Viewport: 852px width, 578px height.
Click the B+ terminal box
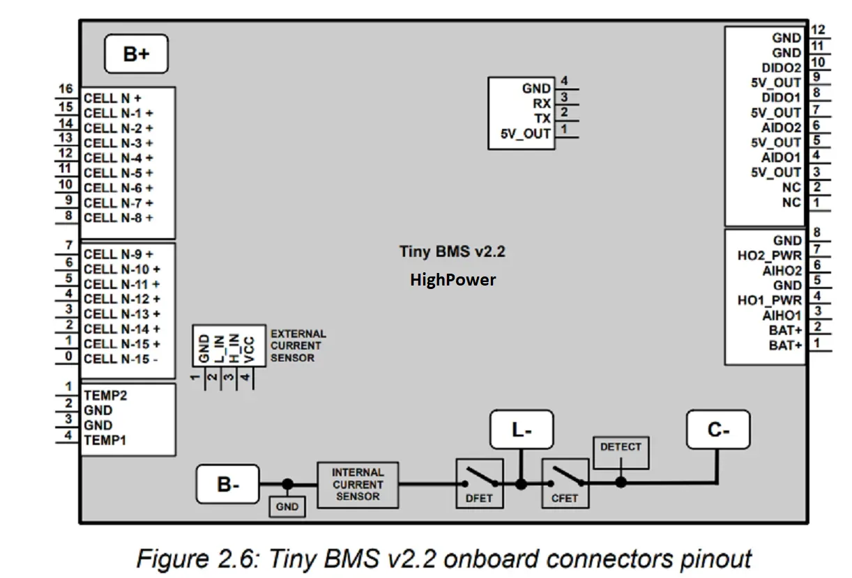136,54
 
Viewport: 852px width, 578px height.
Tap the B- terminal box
227,484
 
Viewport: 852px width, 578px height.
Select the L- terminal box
522,430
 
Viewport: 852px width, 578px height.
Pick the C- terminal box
718,430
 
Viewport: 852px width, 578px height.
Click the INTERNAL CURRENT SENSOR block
358,484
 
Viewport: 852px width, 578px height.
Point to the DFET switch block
479,483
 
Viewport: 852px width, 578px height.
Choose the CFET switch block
565,483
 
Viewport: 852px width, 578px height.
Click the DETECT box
620,453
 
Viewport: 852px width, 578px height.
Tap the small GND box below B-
287,507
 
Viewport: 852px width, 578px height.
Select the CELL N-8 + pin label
119,218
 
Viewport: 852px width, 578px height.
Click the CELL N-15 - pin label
120,359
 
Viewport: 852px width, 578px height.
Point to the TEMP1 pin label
105,440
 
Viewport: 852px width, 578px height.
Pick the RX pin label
542,104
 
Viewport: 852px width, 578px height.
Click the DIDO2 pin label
781,68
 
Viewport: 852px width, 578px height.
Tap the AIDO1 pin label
781,157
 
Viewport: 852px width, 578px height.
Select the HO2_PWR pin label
769,256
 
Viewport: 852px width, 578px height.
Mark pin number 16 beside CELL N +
66,90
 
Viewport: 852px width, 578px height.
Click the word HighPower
453,280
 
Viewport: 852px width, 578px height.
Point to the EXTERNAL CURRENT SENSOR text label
298,346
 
